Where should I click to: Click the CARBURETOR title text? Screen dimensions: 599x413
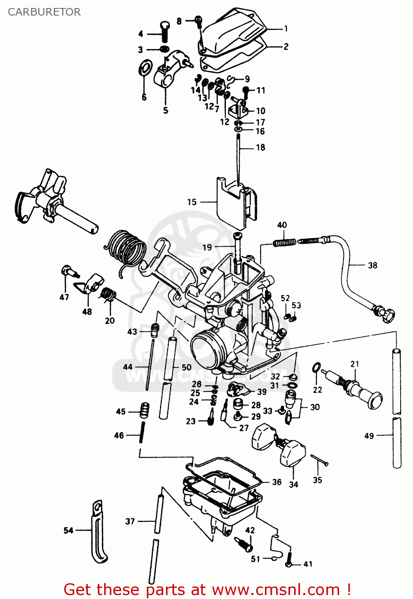[x=44, y=12]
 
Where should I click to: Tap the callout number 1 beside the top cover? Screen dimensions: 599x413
[x=286, y=28]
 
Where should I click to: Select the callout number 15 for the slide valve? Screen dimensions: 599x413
[x=192, y=202]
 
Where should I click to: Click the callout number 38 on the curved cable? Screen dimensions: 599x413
[x=372, y=265]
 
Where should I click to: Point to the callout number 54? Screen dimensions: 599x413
[x=69, y=530]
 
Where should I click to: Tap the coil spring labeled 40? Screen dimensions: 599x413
[x=285, y=242]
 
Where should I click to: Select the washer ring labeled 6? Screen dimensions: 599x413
[x=145, y=68]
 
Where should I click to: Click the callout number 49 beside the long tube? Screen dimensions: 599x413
[x=369, y=436]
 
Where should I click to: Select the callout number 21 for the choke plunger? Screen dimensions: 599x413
[x=355, y=364]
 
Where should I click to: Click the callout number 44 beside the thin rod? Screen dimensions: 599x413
[x=128, y=367]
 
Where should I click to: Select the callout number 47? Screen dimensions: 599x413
[x=64, y=297]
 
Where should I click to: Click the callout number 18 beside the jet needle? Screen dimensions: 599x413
[x=261, y=147]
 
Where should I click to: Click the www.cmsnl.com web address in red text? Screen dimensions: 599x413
[x=275, y=589]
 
